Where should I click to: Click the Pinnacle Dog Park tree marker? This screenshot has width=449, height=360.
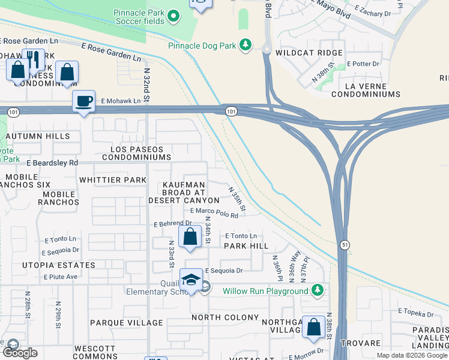tap(246, 45)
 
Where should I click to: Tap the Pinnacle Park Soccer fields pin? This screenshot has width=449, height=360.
tap(173, 16)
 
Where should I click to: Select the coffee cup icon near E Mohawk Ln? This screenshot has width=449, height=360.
tap(83, 101)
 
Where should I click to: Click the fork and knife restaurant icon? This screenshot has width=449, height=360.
tap(34, 60)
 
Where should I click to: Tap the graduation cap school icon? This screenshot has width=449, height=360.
tap(191, 281)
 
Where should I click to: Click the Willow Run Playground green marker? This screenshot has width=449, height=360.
tap(316, 291)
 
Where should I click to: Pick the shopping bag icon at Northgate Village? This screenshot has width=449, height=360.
tap(313, 327)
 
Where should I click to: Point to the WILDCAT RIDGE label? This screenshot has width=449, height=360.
tap(309, 53)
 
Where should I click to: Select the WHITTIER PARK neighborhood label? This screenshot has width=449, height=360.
tap(112, 180)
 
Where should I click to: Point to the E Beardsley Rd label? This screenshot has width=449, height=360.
tap(52, 163)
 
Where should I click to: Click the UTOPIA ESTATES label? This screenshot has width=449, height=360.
tap(59, 265)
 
